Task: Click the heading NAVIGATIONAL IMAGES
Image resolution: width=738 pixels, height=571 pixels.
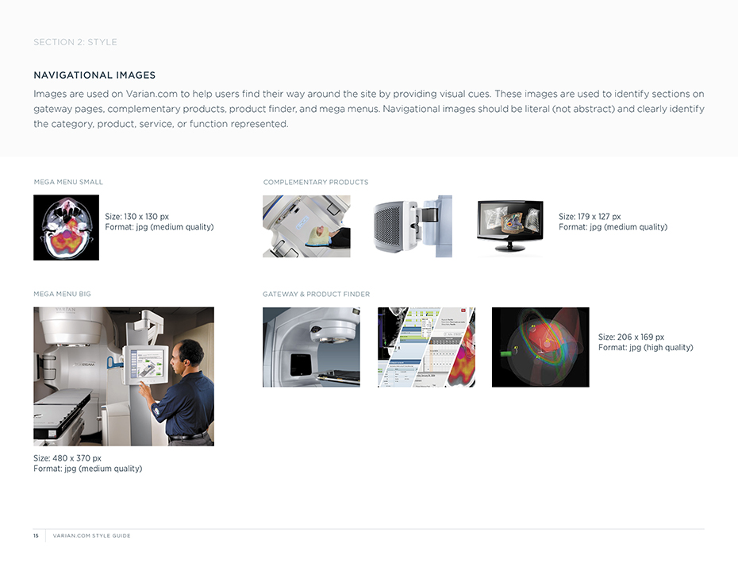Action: tap(94, 75)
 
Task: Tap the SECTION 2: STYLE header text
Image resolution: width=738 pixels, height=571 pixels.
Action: tap(75, 42)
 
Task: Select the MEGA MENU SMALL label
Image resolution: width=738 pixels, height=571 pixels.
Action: tap(68, 182)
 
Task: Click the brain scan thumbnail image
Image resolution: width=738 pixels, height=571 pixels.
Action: tap(67, 228)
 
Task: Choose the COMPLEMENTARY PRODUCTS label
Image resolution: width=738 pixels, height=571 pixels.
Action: tap(316, 182)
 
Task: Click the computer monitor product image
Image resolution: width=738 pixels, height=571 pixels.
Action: tap(509, 226)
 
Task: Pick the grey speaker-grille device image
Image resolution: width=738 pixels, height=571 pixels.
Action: tap(413, 226)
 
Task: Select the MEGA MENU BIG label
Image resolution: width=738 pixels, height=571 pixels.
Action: tap(62, 294)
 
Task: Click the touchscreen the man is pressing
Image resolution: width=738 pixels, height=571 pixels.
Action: tap(147, 364)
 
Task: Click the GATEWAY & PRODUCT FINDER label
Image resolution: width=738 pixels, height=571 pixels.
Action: tap(317, 294)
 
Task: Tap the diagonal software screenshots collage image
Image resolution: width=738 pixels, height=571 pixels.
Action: tap(426, 347)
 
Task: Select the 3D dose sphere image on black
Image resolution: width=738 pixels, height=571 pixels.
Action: tap(540, 347)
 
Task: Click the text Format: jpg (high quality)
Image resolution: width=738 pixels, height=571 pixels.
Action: tap(646, 347)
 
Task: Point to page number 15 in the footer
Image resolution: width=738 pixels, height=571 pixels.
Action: tap(36, 536)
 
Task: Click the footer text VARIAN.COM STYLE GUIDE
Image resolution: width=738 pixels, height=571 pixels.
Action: tap(92, 536)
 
